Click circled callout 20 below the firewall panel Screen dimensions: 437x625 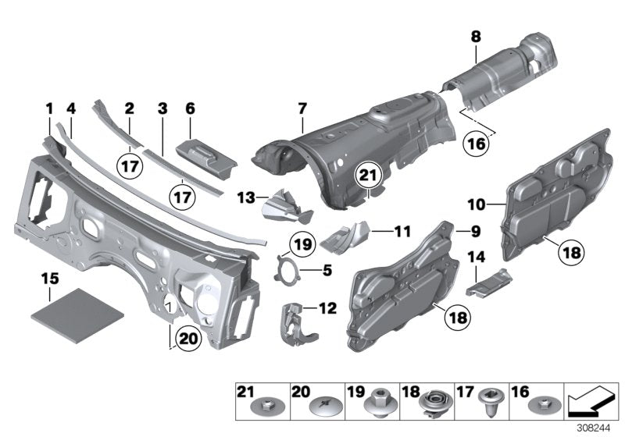tap(187, 339)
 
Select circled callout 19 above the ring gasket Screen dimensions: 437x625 tap(305, 246)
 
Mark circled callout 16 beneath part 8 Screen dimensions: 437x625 tap(476, 144)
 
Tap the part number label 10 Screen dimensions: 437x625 tap(476, 205)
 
